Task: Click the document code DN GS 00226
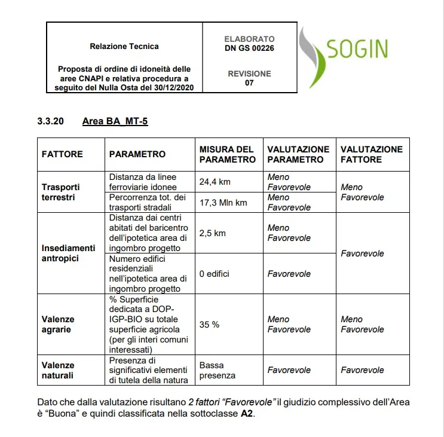coord(249,48)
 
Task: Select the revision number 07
coord(249,83)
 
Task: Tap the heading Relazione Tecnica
coord(124,46)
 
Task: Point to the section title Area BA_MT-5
coord(115,122)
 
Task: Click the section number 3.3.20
coord(51,122)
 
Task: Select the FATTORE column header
coord(62,154)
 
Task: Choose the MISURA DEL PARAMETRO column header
coord(227,154)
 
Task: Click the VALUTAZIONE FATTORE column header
coord(371,154)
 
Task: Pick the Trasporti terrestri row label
coord(60,192)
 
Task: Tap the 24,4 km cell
coord(215,182)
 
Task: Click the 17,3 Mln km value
coord(223,203)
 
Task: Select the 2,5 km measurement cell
coord(212,233)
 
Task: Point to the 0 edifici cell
coord(215,274)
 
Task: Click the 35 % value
coord(209,325)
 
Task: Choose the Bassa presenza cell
coord(218,370)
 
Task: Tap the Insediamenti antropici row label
coord(68,253)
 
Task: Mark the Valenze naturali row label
coord(58,370)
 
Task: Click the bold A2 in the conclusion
coord(247,414)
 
